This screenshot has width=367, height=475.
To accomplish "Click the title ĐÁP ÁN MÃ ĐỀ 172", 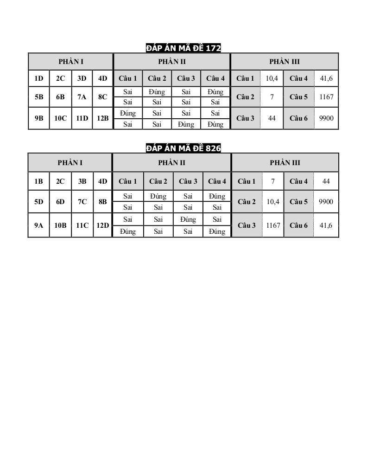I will point(183,48).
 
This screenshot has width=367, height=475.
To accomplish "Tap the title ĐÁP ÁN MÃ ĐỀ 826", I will point(183,148).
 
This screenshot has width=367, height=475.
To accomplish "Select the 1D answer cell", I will point(38,78).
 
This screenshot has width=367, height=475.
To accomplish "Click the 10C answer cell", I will point(60,118).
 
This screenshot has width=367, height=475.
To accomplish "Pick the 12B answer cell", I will point(102,118).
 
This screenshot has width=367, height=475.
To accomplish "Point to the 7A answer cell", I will point(82,97).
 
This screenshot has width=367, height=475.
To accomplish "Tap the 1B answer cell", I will point(38,181).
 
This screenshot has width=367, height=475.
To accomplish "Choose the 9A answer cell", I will point(38,225).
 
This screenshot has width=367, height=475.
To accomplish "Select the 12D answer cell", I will point(102,225).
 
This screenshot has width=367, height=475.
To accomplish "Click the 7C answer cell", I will point(82,202).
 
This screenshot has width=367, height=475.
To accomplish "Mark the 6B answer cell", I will point(60,97).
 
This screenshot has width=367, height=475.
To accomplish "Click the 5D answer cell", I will point(38,202).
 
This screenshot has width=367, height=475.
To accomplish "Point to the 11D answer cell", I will point(82,118).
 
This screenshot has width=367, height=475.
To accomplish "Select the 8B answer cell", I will point(102,202).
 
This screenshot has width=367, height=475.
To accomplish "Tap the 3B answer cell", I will point(82,181).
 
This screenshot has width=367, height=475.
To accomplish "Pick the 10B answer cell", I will point(60,225).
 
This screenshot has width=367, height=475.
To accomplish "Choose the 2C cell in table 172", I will point(60,78).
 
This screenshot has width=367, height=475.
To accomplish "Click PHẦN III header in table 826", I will point(285,163).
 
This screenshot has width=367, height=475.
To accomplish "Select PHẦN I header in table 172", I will point(71,62).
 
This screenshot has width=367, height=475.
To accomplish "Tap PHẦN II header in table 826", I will point(171,163).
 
